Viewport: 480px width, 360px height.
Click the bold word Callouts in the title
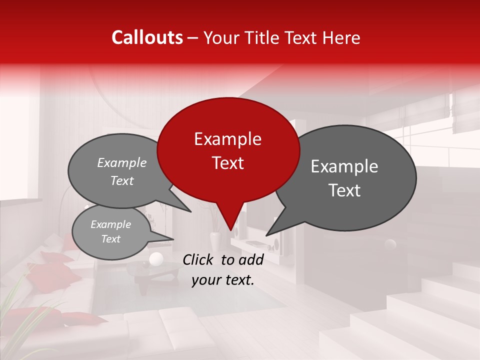pos(147,37)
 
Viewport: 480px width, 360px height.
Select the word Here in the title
pos(341,37)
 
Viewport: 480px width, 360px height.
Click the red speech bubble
pos(228,150)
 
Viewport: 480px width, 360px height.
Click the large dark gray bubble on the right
pos(350,177)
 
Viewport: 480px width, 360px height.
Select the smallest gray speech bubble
pos(111,232)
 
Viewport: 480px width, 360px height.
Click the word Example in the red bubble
pos(227,139)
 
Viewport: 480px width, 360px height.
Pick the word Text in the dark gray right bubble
pos(344,190)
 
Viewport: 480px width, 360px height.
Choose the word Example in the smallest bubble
pos(110,225)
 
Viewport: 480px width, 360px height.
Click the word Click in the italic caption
pos(198,259)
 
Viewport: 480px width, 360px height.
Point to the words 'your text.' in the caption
pos(223,280)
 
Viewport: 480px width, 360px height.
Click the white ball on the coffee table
pos(156,259)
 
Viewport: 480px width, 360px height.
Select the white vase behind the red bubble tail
pos(215,241)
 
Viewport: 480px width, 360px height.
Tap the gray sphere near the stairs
pos(389,244)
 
